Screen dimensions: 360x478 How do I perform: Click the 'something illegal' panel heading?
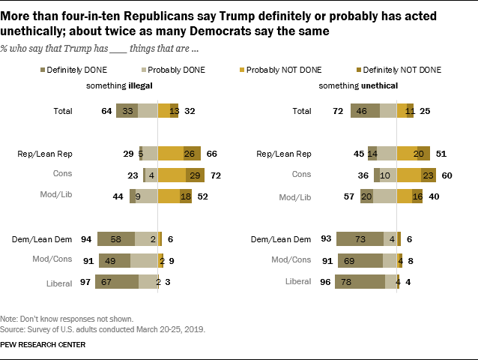click(120, 85)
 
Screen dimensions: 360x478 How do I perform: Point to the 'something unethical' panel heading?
click(348, 85)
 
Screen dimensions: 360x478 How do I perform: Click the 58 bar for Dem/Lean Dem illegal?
click(116, 239)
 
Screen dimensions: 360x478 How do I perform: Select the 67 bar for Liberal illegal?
click(116, 281)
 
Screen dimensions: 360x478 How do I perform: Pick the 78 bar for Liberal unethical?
click(360, 281)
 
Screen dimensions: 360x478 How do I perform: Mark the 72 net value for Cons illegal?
click(214, 175)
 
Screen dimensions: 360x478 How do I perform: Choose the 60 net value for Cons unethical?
click(447, 175)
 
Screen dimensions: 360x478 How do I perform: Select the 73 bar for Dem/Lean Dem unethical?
click(360, 239)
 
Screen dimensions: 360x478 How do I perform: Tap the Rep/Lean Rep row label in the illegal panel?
click(49, 154)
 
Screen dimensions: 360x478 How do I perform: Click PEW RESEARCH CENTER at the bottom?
click(43, 344)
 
